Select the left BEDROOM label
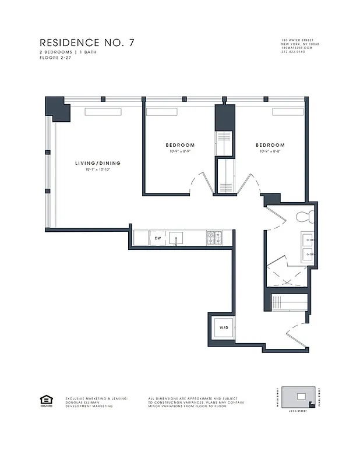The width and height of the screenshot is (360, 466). pyautogui.click(x=180, y=145)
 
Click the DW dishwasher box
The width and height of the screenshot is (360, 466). pyautogui.click(x=157, y=238)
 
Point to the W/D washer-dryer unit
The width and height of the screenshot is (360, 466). pyautogui.click(x=224, y=329)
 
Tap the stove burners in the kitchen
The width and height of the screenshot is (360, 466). pyautogui.click(x=214, y=238)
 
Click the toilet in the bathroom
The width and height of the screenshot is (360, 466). pyautogui.click(x=305, y=217)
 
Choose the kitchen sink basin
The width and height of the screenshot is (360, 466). pyautogui.click(x=177, y=238)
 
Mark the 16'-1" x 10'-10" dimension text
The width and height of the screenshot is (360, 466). pyautogui.click(x=97, y=170)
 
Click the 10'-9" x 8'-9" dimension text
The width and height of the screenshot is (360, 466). pyautogui.click(x=180, y=151)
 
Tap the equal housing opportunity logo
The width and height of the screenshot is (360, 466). pyautogui.click(x=45, y=400)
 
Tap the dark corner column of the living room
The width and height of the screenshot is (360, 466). pyautogui.click(x=57, y=108)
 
